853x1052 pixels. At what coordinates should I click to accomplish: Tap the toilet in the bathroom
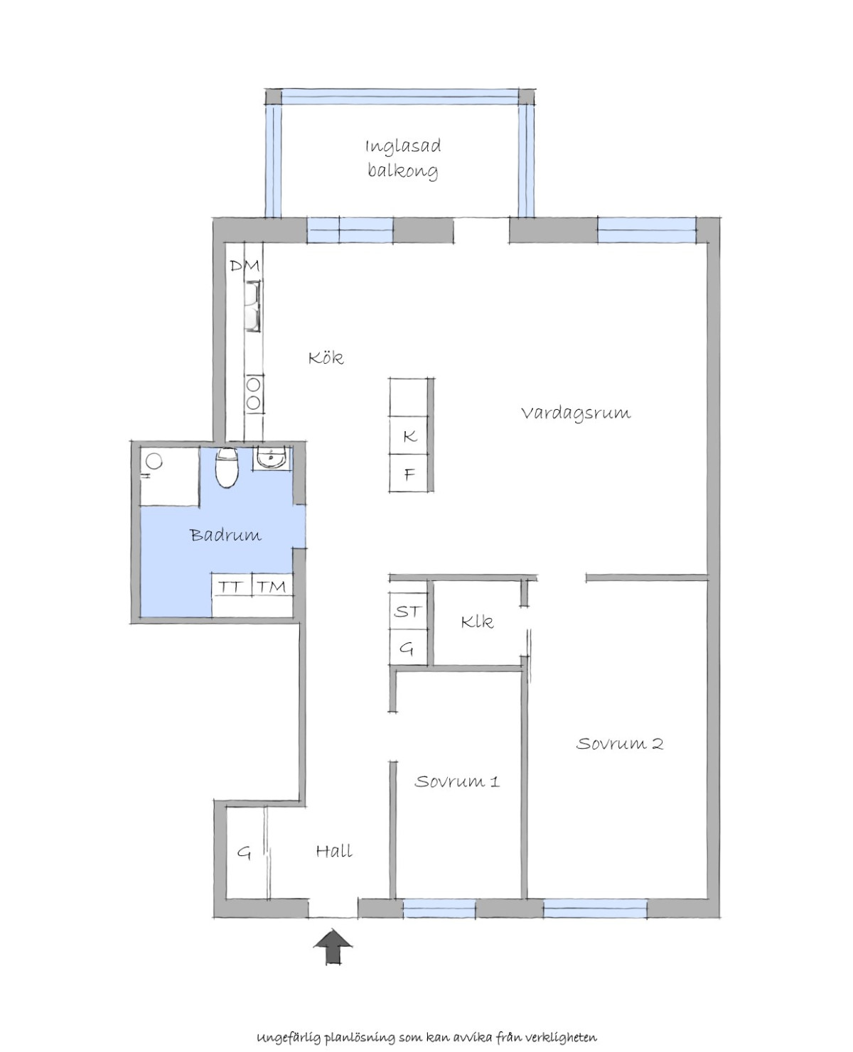[227, 467]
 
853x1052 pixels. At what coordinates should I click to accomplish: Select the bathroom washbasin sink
[271, 457]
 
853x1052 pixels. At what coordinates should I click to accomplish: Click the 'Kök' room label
[326, 357]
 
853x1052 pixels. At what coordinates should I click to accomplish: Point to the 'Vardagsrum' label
[576, 413]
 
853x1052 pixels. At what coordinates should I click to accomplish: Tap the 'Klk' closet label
[477, 622]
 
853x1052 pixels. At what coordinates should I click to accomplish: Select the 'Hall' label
[334, 850]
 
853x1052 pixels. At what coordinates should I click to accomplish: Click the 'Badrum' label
[226, 534]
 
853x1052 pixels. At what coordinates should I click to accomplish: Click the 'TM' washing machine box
[272, 585]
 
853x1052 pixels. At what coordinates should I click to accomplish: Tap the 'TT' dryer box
[232, 585]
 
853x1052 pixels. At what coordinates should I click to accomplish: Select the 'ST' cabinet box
[408, 610]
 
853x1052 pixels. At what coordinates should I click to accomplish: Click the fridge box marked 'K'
[408, 435]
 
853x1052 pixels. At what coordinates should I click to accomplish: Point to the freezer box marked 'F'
[408, 473]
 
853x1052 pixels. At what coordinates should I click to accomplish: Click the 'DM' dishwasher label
[245, 266]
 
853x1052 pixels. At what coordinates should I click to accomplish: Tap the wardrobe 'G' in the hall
[244, 852]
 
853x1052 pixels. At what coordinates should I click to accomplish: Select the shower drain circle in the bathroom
[155, 461]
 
